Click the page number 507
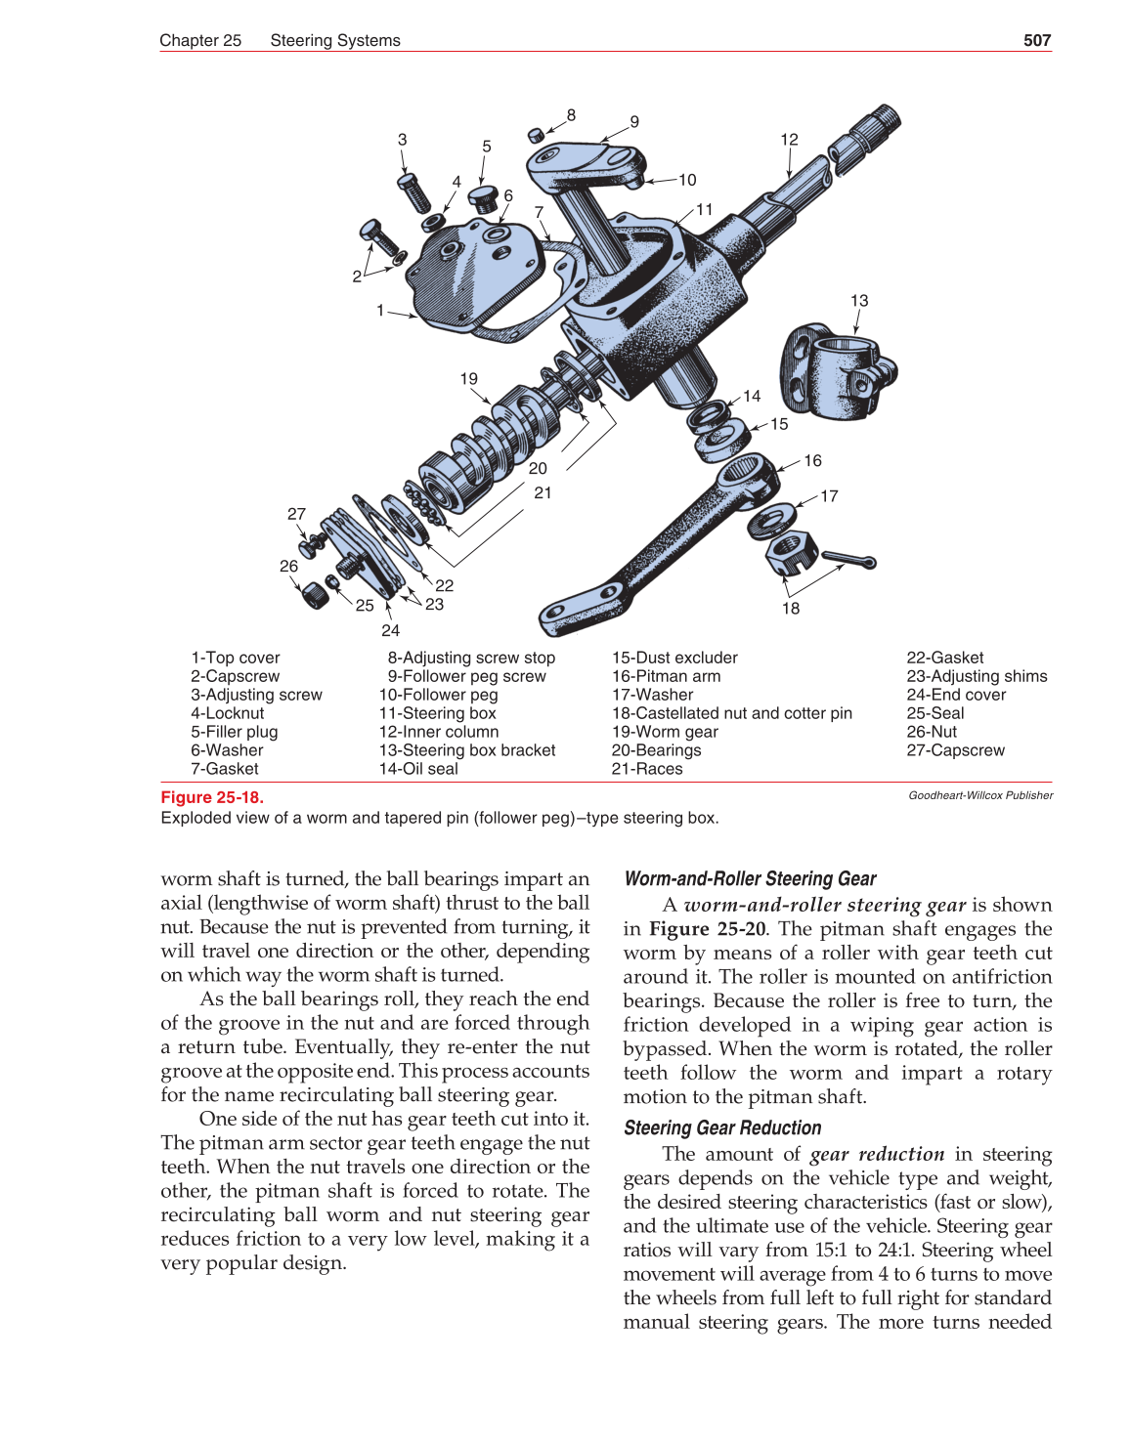pos(1036,40)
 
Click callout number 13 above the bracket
pos(858,301)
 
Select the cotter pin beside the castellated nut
pos(848,560)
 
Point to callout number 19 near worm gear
pos(469,379)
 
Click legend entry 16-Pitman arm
pos(666,676)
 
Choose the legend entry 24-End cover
pos(955,695)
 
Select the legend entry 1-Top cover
pos(235,658)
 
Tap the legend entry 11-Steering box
pos(437,713)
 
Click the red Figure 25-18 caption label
pos(212,797)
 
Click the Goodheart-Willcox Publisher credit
pos(980,795)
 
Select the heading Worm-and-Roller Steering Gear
pos(750,878)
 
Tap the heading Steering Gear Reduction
pos(722,1127)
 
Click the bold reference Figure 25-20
pos(707,929)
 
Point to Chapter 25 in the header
pos(200,40)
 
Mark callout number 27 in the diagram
pos(296,514)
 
